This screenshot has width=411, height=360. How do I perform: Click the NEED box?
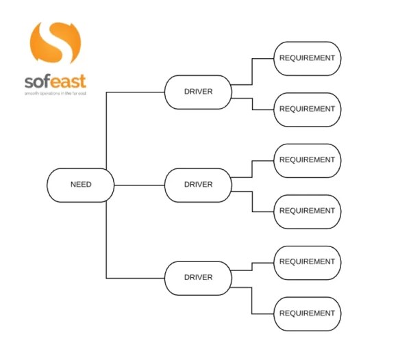[x=81, y=185]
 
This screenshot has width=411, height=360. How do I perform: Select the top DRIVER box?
[x=198, y=92]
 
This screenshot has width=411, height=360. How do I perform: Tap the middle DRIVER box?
[x=198, y=185]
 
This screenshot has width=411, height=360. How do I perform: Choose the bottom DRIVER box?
[x=198, y=277]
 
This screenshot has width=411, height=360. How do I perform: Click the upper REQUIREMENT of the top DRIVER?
[x=308, y=58]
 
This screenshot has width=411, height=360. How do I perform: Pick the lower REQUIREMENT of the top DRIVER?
[x=308, y=109]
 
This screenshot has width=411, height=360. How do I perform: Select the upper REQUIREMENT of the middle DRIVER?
[x=308, y=160]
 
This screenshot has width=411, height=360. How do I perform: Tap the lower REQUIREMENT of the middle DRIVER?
[x=308, y=211]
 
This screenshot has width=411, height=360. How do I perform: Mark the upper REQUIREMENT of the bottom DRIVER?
[x=308, y=262]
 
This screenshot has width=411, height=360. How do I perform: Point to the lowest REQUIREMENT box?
[x=308, y=313]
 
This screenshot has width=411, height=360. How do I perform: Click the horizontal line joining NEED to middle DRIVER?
[x=139, y=185]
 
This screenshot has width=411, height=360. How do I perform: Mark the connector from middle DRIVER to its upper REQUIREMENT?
[x=253, y=170]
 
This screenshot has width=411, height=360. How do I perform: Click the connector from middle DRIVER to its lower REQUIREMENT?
[x=253, y=201]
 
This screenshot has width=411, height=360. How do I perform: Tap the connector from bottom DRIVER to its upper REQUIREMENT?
[x=253, y=269]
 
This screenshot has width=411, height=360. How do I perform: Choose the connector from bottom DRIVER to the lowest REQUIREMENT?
[x=253, y=301]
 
